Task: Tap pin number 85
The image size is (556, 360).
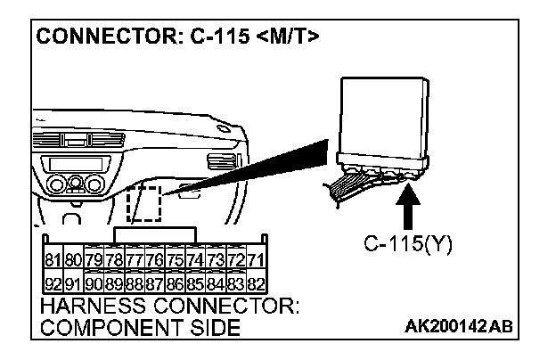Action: point(195,284)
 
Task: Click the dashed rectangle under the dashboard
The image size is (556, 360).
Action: point(143,203)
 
